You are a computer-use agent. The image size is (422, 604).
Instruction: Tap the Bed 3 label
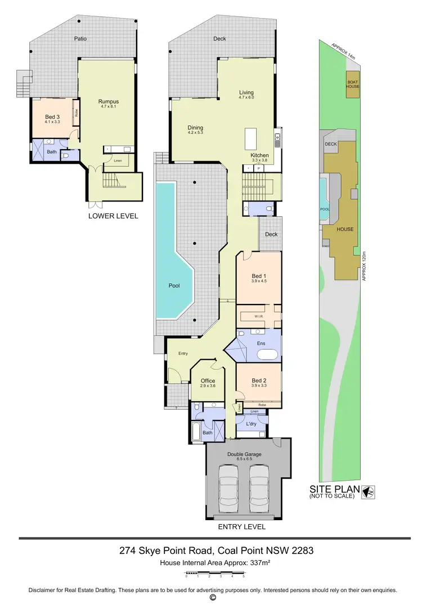click(52, 117)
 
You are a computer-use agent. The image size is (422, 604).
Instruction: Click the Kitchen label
click(259, 155)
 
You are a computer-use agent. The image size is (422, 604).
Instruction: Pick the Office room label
click(208, 381)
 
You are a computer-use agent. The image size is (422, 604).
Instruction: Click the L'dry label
click(252, 423)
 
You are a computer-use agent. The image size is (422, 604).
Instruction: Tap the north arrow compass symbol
click(370, 492)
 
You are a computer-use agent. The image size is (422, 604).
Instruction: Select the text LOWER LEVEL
click(113, 216)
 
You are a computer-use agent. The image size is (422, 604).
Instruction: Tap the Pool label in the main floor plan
click(174, 285)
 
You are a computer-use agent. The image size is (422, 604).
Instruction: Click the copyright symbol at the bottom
click(213, 597)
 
